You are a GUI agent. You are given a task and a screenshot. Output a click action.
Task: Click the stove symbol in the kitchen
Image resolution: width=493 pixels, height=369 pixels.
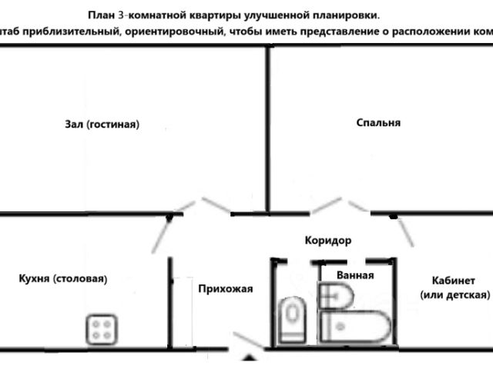click(99, 329)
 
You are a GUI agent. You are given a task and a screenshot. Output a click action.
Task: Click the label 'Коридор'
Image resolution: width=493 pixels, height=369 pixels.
click(327, 241)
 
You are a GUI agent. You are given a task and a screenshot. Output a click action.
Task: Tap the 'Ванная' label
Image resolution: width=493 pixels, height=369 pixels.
click(355, 274)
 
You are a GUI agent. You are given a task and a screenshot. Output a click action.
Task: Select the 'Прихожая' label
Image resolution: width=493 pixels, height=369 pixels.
click(225, 289)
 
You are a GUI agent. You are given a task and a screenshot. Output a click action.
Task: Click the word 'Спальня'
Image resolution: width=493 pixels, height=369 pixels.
click(378, 122)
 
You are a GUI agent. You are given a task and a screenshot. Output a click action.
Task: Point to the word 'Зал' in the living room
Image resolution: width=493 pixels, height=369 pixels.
click(74, 124)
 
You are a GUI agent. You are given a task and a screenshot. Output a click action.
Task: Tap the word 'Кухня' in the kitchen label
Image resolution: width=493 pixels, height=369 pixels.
click(32, 279)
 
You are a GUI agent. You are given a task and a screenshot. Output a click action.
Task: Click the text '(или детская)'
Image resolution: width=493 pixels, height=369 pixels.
click(454, 295)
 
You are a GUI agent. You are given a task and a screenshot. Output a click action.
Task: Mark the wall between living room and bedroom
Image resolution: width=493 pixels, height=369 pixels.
click(268, 127)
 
